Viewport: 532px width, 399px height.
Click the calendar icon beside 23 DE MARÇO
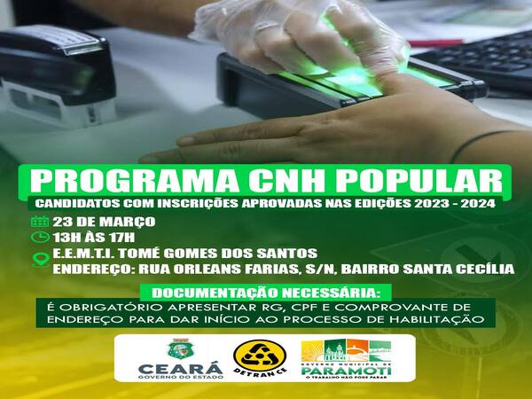pyautogui.click(x=40, y=222)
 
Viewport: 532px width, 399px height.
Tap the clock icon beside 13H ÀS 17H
pyautogui.click(x=40, y=237)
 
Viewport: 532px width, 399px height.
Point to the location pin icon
pyautogui.click(x=41, y=260)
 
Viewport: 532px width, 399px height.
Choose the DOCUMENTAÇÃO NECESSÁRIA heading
pyautogui.click(x=264, y=293)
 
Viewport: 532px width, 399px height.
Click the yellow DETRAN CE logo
pyautogui.click(x=260, y=357)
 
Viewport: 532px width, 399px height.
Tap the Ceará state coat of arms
pyautogui.click(x=180, y=348)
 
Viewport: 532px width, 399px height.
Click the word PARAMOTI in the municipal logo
pyautogui.click(x=347, y=370)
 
